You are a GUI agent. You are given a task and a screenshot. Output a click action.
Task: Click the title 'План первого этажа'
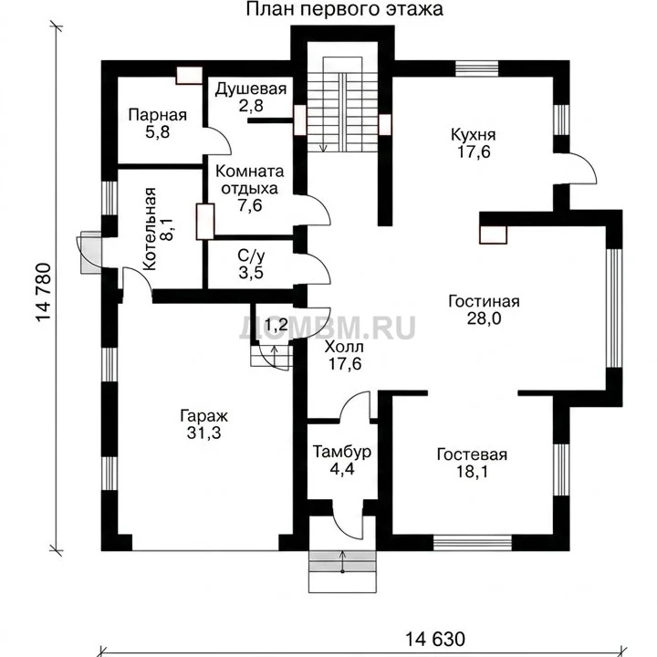tap(344, 9)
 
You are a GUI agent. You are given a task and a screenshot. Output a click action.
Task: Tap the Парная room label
tap(158, 115)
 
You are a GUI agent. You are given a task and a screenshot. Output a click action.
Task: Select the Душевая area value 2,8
tap(251, 106)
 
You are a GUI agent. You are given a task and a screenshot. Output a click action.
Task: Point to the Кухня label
tap(473, 135)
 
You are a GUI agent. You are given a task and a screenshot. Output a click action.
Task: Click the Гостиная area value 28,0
tap(484, 318)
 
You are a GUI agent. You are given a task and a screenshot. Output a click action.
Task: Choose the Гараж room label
tap(204, 416)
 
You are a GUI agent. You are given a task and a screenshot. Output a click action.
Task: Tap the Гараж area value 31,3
tap(204, 433)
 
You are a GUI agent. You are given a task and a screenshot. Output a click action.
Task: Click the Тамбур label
tap(342, 452)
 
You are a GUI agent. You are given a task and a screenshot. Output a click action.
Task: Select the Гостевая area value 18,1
tap(472, 473)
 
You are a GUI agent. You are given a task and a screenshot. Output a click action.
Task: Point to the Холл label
tap(344, 347)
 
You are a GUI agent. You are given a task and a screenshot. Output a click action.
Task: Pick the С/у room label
tap(251, 255)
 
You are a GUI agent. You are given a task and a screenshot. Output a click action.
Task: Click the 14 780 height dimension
tap(43, 292)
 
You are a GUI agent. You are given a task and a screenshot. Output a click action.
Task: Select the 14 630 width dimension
tap(435, 640)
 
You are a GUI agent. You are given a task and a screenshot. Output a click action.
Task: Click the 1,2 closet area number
tap(276, 324)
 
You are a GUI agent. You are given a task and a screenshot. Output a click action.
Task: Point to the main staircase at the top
tap(343, 104)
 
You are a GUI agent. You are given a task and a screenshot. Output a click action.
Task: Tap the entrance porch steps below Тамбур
tap(343, 571)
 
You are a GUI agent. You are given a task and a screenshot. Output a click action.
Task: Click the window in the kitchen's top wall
tap(477, 68)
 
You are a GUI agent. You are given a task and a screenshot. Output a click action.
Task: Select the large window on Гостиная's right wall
tap(614, 308)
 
